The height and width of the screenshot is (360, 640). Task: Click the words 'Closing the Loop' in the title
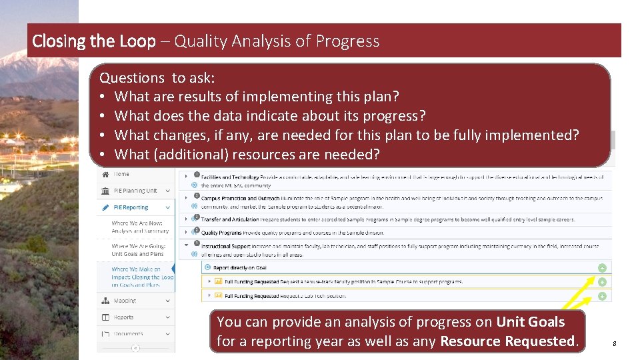point(93,41)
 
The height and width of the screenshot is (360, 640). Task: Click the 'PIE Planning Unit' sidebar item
point(135,191)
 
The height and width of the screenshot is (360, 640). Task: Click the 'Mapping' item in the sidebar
point(125,301)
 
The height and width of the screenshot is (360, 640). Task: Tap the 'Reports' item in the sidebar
point(123,317)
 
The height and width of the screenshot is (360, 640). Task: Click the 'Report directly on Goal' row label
point(240,267)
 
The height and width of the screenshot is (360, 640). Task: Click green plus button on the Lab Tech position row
point(601,296)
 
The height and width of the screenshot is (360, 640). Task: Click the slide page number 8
point(614,344)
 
